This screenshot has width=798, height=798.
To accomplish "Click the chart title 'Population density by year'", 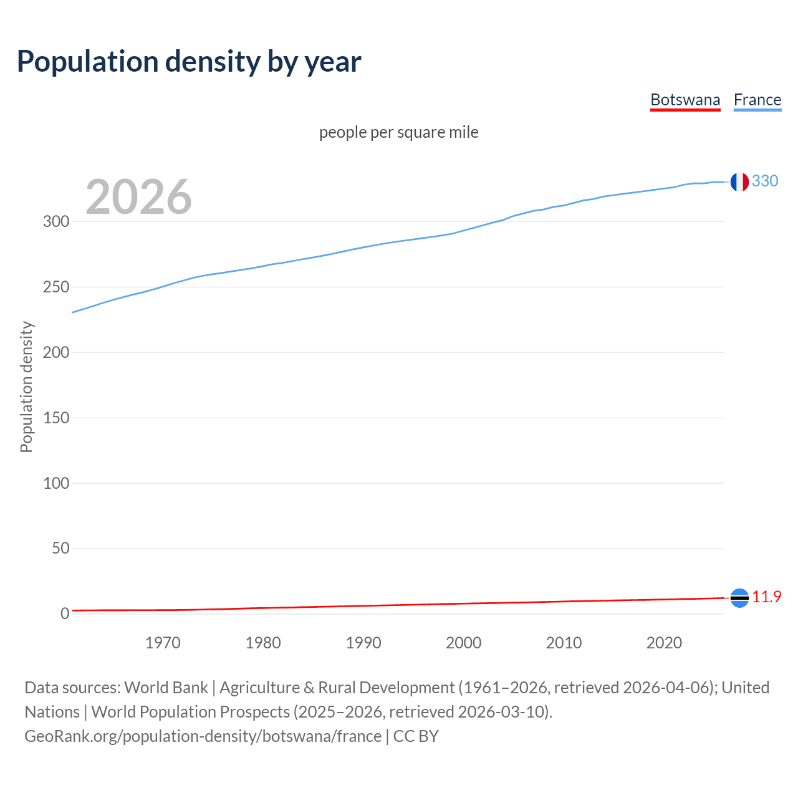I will [x=189, y=61].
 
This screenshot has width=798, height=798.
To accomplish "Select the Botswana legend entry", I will [x=685, y=100].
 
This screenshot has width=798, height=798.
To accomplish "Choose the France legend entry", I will [x=757, y=100].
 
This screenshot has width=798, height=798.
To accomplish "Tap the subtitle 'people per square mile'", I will [x=398, y=132].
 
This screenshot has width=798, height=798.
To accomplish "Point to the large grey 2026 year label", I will [x=138, y=197].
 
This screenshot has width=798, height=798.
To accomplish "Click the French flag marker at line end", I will [x=739, y=182].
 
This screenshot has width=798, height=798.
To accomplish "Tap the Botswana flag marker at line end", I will [x=739, y=598].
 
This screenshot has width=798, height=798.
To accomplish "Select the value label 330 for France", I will [x=765, y=181].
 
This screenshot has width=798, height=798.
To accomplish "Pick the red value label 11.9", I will [x=766, y=597].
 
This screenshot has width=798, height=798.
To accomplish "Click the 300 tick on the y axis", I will [x=56, y=221].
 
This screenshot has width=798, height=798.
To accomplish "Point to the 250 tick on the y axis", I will [x=56, y=287].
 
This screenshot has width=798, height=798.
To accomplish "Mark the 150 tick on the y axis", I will [x=56, y=418].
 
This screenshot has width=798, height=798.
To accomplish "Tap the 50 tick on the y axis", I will [x=60, y=548].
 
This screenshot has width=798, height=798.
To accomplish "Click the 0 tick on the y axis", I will [x=65, y=613].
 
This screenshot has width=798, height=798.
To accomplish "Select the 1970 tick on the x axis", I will [x=163, y=643].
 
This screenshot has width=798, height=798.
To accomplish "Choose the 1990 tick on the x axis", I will [x=363, y=643].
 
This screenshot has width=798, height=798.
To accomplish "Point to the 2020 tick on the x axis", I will [x=664, y=643].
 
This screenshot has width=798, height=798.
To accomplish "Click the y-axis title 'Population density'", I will [x=26, y=387].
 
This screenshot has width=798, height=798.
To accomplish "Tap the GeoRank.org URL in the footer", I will [x=203, y=736].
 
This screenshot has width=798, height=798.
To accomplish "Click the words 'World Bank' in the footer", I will [x=166, y=688].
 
